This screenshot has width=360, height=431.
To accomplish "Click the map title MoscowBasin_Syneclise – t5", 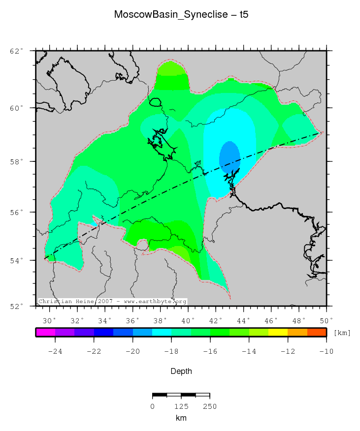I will coord(181,14).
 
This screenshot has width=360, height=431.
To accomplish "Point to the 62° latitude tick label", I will coord(17,51).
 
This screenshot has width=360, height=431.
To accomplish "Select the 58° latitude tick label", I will coord(17,161).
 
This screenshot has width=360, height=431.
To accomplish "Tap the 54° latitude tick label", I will coord(17,260).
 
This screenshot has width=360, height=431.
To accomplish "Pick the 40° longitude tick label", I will coord(187,321).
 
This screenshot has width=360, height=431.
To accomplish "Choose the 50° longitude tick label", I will coord(326,321).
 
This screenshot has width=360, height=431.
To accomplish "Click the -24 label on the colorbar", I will coord(55,351).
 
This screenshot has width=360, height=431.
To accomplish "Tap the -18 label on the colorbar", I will coord(171,351).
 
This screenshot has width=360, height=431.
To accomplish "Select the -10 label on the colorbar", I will coord(326,351).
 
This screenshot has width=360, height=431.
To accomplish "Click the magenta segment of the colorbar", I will coord(45,333).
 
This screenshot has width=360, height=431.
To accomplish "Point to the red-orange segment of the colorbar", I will coord(316,333).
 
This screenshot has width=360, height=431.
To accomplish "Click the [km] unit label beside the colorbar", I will coord(342,333).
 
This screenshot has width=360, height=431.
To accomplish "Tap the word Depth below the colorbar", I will coord(181,371).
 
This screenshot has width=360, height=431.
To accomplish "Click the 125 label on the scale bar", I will coord(181,406).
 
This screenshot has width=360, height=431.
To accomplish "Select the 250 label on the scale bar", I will coord(209,406).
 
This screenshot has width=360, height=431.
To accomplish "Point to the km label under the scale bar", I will coord(181,418).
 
